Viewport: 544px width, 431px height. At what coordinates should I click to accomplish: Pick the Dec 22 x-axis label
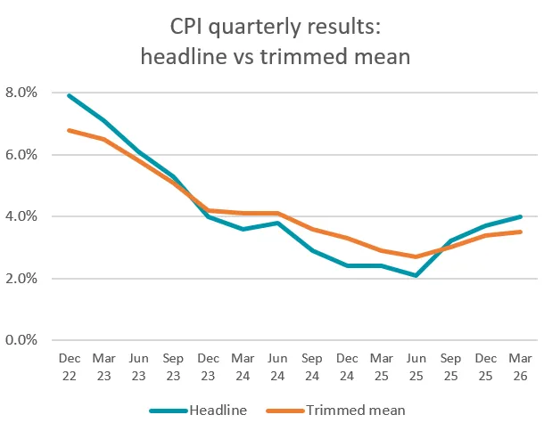tap(70, 366)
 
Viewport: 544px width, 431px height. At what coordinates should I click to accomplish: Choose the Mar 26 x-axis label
tap(519, 366)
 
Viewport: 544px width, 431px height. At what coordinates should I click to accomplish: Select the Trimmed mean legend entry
tap(355, 411)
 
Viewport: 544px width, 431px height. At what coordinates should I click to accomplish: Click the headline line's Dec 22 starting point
tap(70, 95)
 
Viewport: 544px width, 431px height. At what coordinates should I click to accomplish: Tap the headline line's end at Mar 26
tap(519, 216)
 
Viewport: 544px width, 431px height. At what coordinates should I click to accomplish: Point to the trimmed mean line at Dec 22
tap(70, 130)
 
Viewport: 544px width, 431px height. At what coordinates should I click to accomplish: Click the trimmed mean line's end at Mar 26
tap(519, 232)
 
